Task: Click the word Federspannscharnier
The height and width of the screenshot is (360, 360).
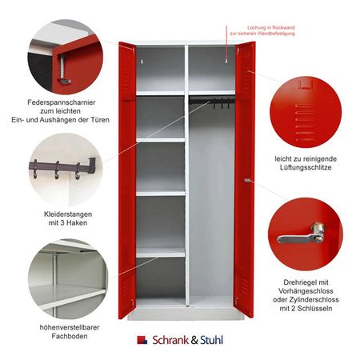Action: (x=62, y=102)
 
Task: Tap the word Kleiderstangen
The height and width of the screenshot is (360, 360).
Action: (x=68, y=214)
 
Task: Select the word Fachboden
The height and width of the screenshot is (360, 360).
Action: (x=70, y=336)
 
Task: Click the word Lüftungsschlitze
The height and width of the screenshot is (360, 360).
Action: (x=306, y=167)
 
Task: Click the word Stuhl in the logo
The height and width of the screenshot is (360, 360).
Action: (x=211, y=340)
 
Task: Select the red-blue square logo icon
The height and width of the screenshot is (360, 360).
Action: (x=142, y=340)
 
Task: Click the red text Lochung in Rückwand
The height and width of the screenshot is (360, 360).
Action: (x=271, y=27)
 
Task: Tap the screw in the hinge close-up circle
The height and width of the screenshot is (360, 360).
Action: (x=63, y=68)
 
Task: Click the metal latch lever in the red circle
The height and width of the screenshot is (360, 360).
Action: (x=302, y=236)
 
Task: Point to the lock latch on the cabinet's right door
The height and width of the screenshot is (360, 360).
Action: (x=248, y=180)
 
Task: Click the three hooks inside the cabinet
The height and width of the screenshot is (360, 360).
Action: (x=221, y=104)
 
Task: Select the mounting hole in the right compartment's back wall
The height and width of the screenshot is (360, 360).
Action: (x=226, y=61)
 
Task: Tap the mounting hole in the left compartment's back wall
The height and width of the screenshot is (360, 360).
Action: (x=142, y=62)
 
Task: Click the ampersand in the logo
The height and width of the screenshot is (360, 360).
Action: (x=194, y=340)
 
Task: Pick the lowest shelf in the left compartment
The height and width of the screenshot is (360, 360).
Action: (x=161, y=252)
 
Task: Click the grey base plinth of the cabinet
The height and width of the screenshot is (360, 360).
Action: (x=186, y=313)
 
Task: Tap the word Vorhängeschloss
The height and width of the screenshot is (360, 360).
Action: (x=306, y=291)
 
